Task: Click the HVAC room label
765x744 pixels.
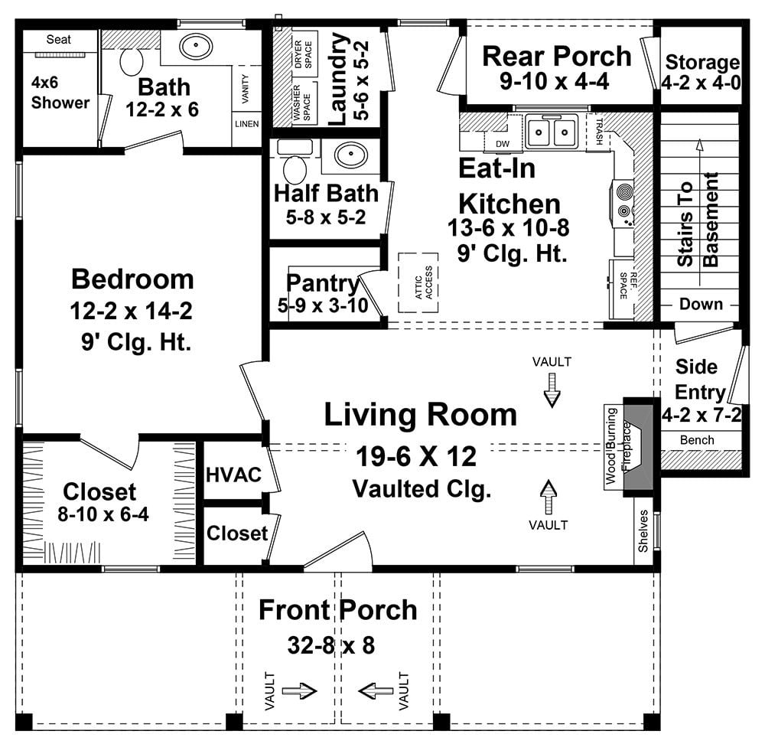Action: click(x=233, y=475)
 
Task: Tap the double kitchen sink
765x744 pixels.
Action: click(x=552, y=132)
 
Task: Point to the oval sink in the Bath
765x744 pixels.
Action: click(x=196, y=47)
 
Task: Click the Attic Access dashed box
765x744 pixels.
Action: click(x=418, y=282)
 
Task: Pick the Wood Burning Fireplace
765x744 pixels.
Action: click(x=628, y=447)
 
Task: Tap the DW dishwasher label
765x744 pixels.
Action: click(x=503, y=144)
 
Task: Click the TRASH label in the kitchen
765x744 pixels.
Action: click(x=600, y=132)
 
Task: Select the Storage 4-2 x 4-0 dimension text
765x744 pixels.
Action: click(x=701, y=83)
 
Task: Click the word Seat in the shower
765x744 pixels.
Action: click(x=59, y=40)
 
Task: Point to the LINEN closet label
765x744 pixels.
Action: click(x=247, y=124)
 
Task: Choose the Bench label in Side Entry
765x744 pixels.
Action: click(x=697, y=440)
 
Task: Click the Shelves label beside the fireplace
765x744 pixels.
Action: click(x=643, y=531)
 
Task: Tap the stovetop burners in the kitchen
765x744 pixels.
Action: click(x=623, y=201)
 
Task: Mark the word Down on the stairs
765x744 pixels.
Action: click(x=701, y=304)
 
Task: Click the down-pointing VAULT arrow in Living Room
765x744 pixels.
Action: click(x=552, y=390)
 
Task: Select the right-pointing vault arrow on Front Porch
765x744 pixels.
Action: click(x=300, y=690)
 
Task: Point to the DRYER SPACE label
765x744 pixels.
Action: click(x=303, y=54)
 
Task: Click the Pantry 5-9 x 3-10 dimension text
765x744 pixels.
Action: click(x=323, y=305)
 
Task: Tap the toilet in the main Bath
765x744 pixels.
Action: click(x=132, y=61)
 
